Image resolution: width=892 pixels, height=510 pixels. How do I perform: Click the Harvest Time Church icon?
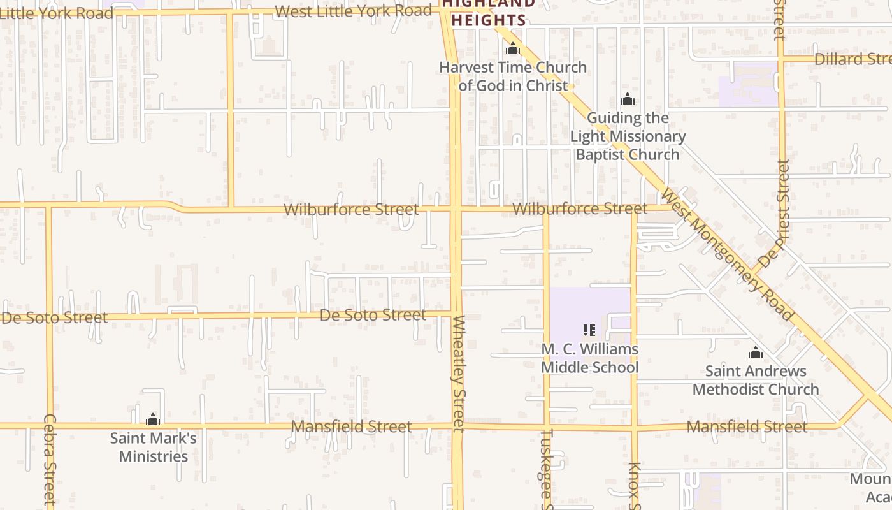(x=513, y=48)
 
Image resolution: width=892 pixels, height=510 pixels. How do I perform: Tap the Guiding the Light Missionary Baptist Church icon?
(x=628, y=99)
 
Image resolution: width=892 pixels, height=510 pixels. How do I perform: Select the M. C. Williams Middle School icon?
(x=589, y=330)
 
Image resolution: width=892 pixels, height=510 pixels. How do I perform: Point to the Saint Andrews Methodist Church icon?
(x=756, y=353)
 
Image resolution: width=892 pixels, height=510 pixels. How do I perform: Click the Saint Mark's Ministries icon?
(x=153, y=419)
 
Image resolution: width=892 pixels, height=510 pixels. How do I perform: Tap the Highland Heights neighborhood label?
(x=489, y=11)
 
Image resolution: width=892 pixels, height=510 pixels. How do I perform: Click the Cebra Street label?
(x=50, y=459)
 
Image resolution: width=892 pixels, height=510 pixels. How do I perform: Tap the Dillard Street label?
(x=852, y=59)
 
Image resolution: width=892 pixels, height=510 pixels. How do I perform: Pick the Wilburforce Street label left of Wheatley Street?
(x=351, y=209)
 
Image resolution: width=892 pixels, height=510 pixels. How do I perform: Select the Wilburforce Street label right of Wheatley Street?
(x=579, y=209)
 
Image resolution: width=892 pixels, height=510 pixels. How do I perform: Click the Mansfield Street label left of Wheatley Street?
(x=351, y=426)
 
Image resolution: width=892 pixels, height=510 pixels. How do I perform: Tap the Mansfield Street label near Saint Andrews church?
(x=747, y=426)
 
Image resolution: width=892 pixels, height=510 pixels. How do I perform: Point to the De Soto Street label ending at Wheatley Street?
(x=373, y=315)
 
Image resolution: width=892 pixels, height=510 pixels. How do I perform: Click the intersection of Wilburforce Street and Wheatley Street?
(x=456, y=208)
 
